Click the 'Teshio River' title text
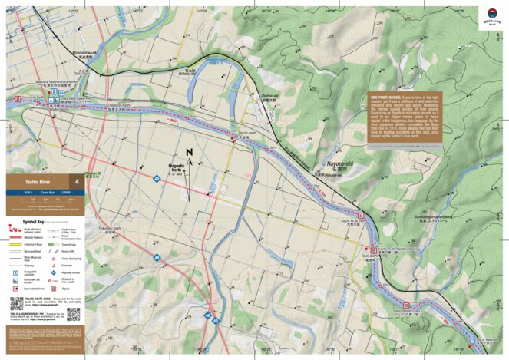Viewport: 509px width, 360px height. [29, 182]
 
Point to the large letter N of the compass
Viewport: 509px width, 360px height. [188, 153]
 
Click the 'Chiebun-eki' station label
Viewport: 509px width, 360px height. [268, 96]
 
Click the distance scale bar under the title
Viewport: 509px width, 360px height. [43, 200]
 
